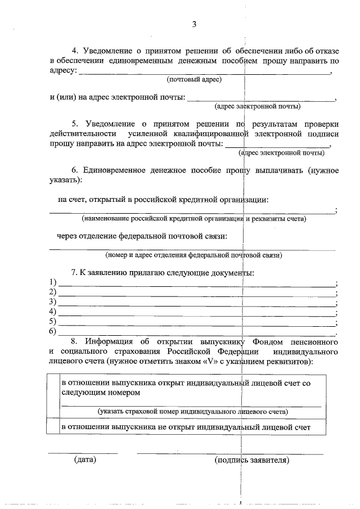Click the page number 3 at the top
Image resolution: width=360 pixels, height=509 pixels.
194,24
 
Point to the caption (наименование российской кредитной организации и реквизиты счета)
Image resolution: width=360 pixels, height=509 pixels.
193,218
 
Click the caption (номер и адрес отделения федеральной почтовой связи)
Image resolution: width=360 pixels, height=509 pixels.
193,255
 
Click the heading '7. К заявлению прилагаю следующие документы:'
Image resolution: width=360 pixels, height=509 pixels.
163,273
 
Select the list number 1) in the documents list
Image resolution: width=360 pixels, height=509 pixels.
53,282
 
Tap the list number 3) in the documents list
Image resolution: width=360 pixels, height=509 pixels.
53,302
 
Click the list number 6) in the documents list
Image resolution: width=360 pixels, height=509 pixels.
53,331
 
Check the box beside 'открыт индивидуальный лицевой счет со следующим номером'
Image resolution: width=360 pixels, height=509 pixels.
53,397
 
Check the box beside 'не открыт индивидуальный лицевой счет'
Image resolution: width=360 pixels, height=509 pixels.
53,427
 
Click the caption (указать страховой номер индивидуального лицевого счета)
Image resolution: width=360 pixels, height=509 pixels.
192,412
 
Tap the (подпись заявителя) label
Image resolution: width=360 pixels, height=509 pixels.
252,460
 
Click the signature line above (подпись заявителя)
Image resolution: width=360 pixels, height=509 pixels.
231,453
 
